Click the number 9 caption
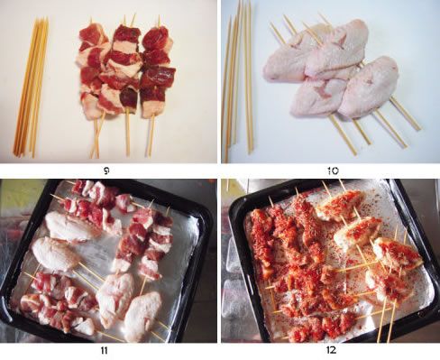click(106, 171)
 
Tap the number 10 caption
click(333, 171)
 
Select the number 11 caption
click(104, 350)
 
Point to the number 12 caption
click(331, 350)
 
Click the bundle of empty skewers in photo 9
click(31, 88)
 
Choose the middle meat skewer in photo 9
click(125, 84)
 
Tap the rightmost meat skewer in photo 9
click(156, 84)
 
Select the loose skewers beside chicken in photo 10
click(237, 81)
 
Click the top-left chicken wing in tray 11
click(68, 226)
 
